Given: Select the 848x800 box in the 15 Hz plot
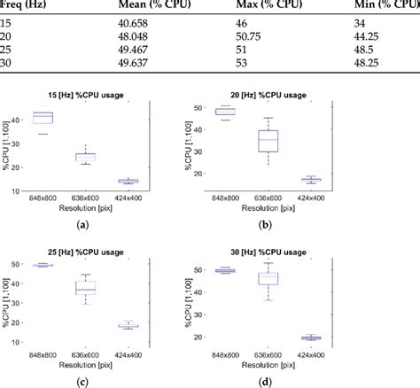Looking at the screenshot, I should click(x=43, y=118).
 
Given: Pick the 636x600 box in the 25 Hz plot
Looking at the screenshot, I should click(x=84, y=288).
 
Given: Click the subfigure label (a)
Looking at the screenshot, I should click(x=83, y=225).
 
